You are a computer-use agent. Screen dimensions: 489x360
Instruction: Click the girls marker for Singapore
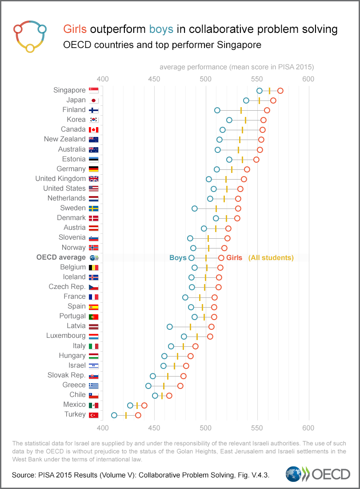coord(280,91)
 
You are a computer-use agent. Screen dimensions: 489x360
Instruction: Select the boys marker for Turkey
coord(114,415)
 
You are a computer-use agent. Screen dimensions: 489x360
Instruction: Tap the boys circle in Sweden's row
coord(195,208)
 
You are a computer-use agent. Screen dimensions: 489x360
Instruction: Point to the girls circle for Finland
coord(267,110)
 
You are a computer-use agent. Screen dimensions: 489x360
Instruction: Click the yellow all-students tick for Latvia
coord(190,327)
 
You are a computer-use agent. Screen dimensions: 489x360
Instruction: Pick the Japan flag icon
coord(93,100)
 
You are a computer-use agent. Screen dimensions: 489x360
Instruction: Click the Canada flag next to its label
coord(93,130)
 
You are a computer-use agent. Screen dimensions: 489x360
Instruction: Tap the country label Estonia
coord(74,159)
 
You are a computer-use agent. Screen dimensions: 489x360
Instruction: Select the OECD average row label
coord(61,257)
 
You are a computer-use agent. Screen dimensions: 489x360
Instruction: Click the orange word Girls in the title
coord(76,30)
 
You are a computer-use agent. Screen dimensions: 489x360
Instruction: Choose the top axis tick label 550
coord(257,79)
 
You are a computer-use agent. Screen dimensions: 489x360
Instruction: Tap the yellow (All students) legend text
coord(271,258)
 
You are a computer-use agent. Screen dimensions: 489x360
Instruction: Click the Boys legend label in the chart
coord(178,258)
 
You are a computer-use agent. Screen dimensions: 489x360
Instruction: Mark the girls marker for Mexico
coord(144,405)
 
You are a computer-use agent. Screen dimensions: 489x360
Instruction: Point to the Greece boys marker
coord(148,386)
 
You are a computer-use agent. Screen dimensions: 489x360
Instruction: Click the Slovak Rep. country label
coord(66,375)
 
